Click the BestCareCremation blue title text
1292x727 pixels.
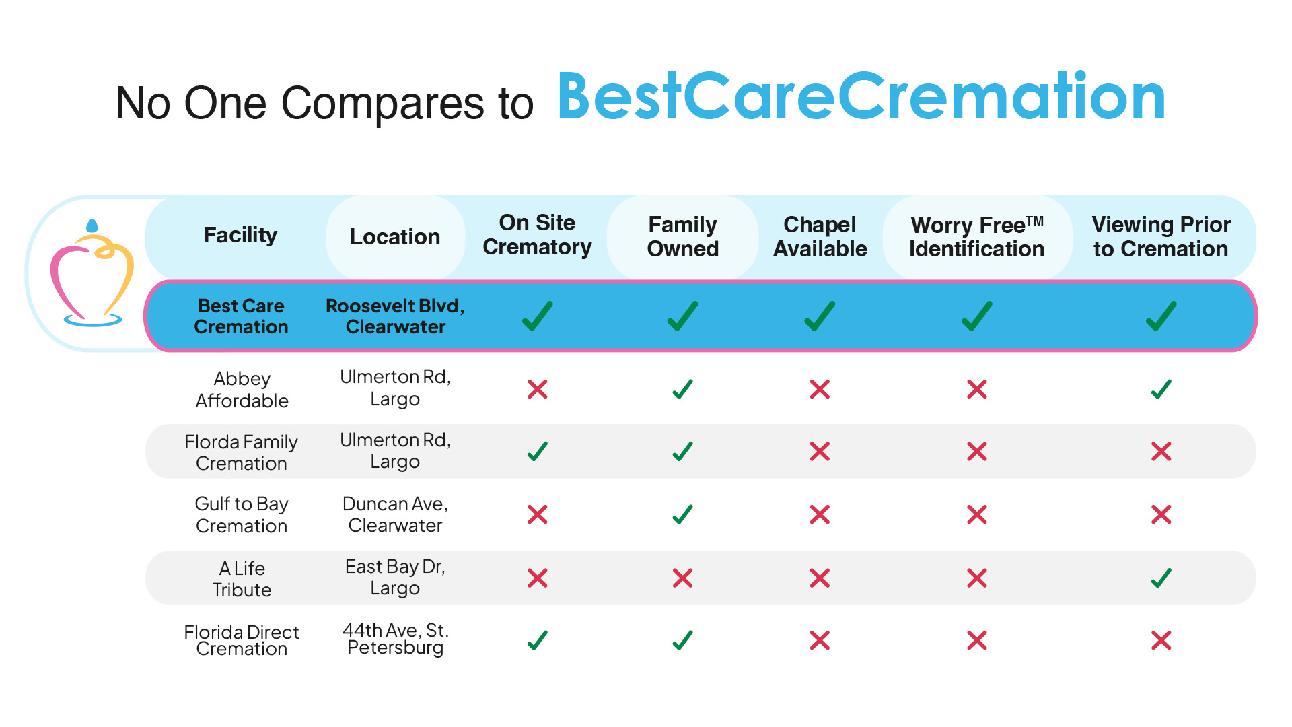(861, 98)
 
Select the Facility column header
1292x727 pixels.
(240, 235)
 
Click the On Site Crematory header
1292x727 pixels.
(537, 235)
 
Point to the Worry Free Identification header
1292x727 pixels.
(976, 237)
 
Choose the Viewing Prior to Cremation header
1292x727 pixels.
(1161, 237)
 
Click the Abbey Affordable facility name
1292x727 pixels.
(242, 389)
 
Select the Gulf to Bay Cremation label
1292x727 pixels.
(242, 515)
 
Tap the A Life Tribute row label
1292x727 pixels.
(242, 579)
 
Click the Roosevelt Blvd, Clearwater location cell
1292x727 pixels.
(395, 316)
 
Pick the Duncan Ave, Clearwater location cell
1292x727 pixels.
(395, 515)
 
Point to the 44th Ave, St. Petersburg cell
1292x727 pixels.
(395, 639)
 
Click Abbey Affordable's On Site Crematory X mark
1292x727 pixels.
(538, 389)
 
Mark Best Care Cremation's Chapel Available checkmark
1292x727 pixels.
(820, 316)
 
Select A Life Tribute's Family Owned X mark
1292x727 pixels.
(682, 578)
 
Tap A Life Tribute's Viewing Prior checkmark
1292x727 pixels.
(1161, 578)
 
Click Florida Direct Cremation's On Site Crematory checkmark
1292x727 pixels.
(538, 640)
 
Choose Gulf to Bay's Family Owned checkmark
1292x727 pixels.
(682, 515)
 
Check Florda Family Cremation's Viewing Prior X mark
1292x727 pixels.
(1161, 451)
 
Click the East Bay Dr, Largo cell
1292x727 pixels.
(395, 578)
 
